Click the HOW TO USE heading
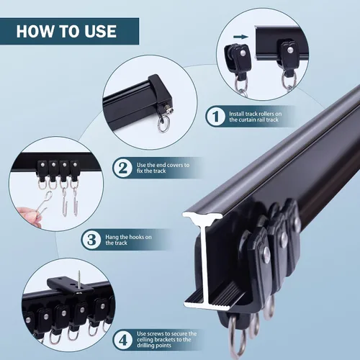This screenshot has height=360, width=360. click(66, 31)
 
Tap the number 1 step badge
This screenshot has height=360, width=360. click(215, 117)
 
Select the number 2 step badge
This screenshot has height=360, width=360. click(122, 168)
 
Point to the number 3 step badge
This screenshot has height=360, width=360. click(91, 240)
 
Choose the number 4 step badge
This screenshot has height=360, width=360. click(123, 340)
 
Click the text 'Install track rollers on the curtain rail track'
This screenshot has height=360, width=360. click(256, 117)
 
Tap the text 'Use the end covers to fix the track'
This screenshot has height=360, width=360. click(163, 168)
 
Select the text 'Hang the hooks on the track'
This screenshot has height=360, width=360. click(128, 240)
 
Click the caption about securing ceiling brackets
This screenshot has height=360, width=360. click(167, 340)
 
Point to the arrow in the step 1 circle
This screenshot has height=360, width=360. click(240, 37)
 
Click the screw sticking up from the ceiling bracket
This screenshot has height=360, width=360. click(79, 282)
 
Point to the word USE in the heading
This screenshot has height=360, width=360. click(101, 31)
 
